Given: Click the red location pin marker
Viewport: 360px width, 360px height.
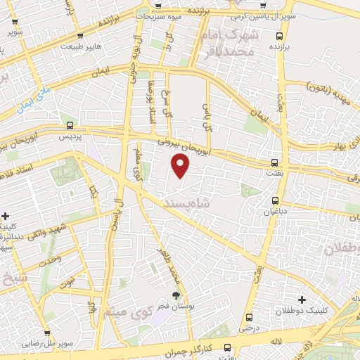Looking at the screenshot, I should pyautogui.click(x=181, y=165).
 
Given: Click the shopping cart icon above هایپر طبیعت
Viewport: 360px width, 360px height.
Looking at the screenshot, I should pyautogui.click(x=81, y=35).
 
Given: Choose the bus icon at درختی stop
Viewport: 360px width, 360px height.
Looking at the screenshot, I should pyautogui.click(x=250, y=317).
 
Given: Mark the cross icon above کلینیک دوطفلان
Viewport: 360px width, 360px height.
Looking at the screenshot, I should pyautogui.click(x=302, y=300).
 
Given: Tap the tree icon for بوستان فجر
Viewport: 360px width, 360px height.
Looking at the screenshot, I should pyautogui.click(x=175, y=295).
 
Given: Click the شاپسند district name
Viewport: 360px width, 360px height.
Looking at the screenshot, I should pyautogui.click(x=184, y=202).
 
